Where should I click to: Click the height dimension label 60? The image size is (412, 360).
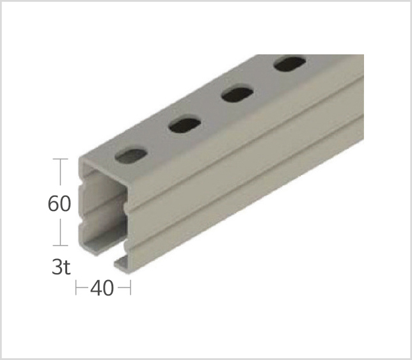59,203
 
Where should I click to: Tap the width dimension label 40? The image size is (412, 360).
102,288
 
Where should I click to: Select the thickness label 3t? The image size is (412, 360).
61,267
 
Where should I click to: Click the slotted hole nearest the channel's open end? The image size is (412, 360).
131,156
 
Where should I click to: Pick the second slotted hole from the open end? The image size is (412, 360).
185,125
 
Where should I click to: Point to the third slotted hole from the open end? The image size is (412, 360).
237,93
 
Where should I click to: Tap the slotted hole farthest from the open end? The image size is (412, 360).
290,63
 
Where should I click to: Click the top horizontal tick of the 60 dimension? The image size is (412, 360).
60,159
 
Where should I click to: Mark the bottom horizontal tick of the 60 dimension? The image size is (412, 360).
60,246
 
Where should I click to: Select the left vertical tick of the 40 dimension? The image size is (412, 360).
76,288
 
